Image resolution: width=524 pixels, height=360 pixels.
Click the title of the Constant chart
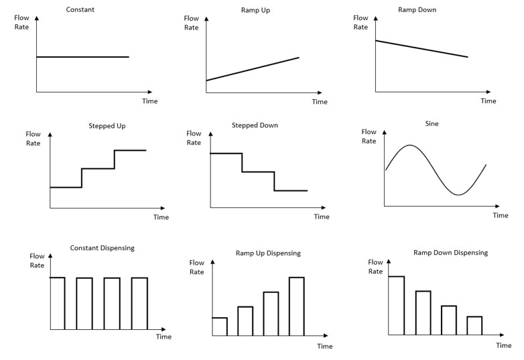[80, 9]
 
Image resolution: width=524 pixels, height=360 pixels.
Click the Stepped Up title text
[107, 125]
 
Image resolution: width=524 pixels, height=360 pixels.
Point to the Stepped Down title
[255, 125]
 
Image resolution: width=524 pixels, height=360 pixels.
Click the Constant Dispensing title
[102, 248]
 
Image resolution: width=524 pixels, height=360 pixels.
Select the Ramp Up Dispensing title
[268, 253]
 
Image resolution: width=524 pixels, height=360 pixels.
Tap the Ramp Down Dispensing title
[450, 253]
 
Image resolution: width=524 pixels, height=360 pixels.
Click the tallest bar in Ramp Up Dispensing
[296, 306]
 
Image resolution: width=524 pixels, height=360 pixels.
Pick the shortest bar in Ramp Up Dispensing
[220, 326]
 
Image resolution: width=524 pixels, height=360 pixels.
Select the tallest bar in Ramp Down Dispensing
[396, 305]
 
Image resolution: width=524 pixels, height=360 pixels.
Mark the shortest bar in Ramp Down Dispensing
[474, 325]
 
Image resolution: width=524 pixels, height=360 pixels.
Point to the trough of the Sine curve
[458, 195]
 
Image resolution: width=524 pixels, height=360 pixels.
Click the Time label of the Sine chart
[500, 215]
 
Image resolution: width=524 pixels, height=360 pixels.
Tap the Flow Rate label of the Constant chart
[22, 20]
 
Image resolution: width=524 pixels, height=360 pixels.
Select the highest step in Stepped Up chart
[130, 150]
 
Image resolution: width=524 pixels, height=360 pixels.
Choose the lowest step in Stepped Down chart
[291, 191]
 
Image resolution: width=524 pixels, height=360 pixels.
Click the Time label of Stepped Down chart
[322, 217]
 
